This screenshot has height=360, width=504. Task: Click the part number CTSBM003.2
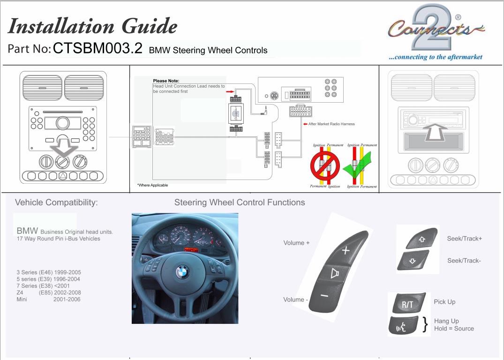pos(98,49)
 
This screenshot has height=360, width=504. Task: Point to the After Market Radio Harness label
pos(331,124)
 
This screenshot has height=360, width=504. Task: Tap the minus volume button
pos(323,295)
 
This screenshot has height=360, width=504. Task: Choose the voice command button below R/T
pos(403,326)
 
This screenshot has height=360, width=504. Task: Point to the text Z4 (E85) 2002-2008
pos(48,292)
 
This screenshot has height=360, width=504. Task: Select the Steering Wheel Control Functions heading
pos(240,202)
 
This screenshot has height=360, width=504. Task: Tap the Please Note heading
pos(166,81)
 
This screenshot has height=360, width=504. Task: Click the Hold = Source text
pos(454,329)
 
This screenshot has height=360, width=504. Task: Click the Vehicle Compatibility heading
pos(57,202)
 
